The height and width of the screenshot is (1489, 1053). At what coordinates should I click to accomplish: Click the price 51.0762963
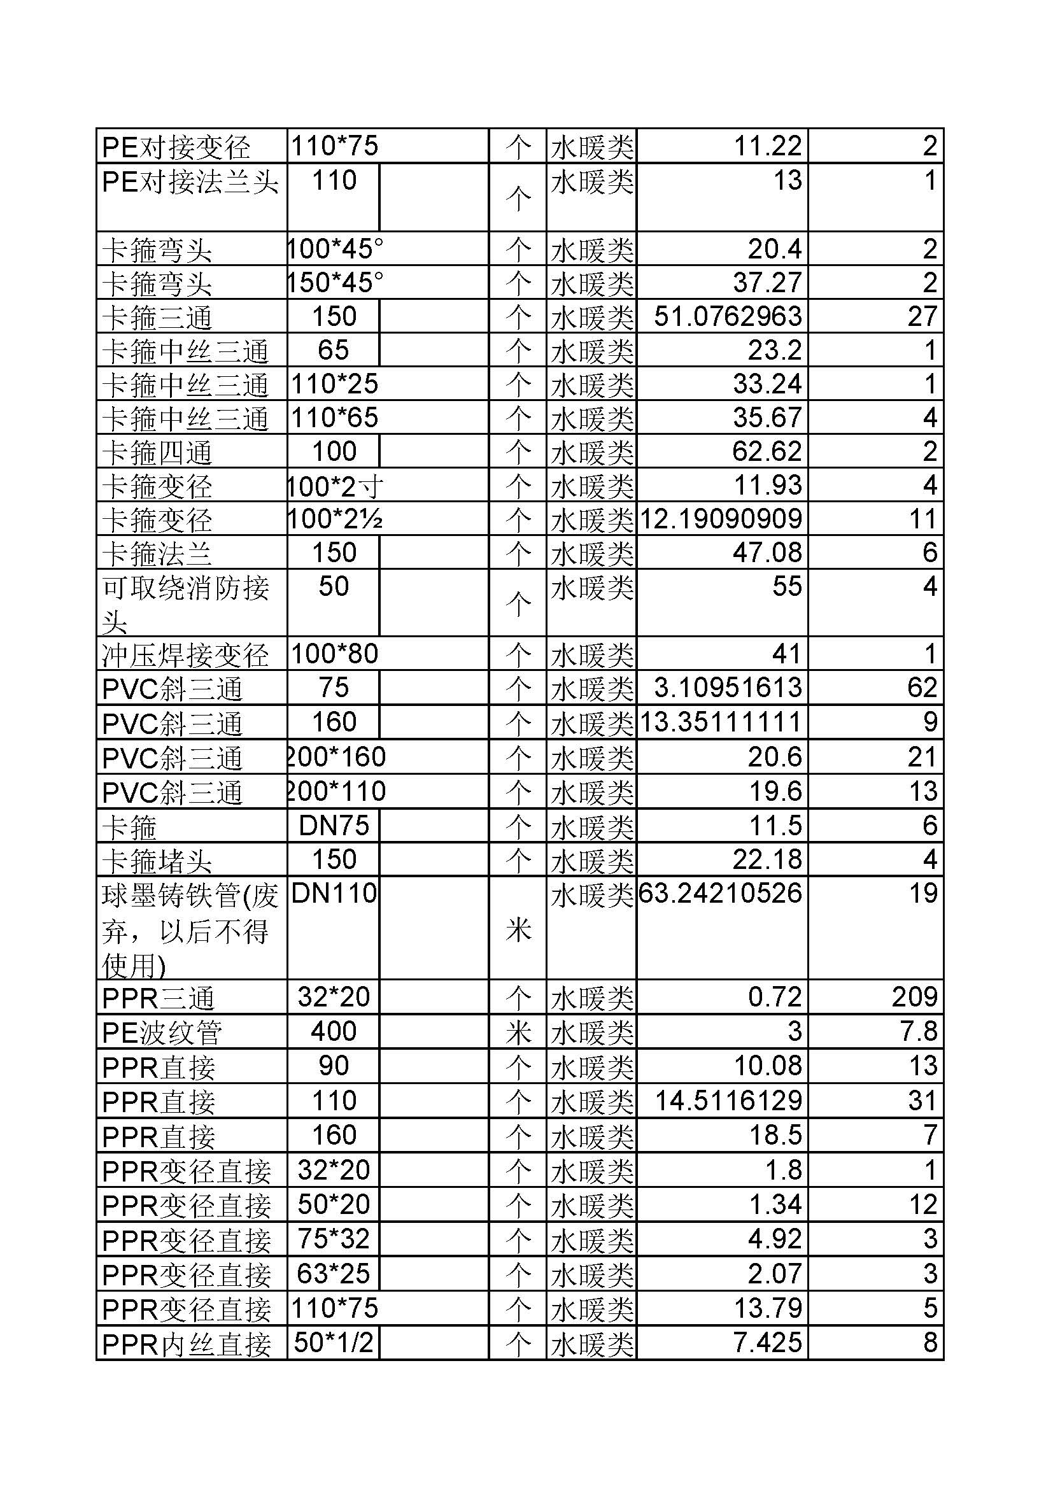coord(728,316)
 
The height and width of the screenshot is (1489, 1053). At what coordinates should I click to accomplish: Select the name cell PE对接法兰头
coord(190,182)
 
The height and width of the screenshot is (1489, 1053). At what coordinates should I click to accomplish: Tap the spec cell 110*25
coord(335,384)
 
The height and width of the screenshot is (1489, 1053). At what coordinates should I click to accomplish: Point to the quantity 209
coord(914,997)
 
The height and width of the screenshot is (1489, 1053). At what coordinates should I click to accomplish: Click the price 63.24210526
coord(721,893)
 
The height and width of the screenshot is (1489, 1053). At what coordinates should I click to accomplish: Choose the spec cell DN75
coord(334,826)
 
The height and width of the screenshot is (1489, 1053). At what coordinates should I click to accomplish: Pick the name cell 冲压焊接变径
coord(186,655)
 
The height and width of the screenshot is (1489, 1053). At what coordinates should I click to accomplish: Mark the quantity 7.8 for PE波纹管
coord(919,1031)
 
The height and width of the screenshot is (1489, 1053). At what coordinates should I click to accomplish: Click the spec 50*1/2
coord(334,1343)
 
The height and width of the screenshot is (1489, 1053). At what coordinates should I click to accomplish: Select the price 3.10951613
coord(728,688)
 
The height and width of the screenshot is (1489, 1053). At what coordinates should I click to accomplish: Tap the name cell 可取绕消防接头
coord(185,603)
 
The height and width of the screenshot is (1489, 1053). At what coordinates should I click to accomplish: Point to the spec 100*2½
coord(336,519)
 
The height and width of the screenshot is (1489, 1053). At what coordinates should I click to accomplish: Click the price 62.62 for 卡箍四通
coord(767,451)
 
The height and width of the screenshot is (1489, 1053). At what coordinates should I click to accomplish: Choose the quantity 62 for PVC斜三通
coord(922,688)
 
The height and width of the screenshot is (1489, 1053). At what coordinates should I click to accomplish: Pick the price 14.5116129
coord(728,1101)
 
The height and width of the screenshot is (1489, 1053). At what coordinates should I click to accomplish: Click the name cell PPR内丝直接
coord(187,1344)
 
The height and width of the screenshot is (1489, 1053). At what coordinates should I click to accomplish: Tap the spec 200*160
coord(337,757)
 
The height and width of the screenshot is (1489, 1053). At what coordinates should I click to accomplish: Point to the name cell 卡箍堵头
coord(157,861)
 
